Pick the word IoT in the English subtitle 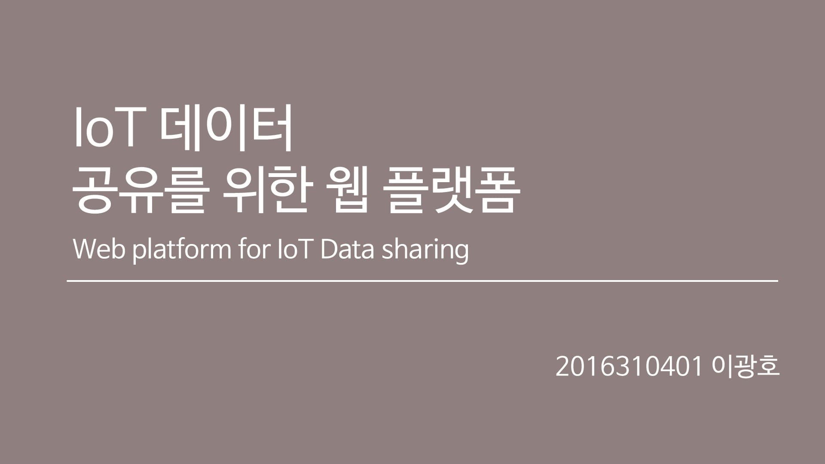[294, 249]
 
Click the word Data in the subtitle [347, 249]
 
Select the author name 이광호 [746, 366]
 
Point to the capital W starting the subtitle [84, 249]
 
